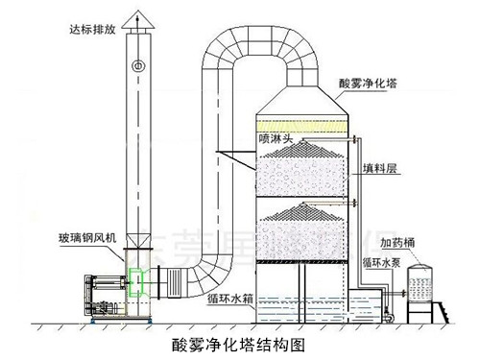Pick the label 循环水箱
pyautogui.click(x=230, y=297)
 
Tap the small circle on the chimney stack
pyautogui.click(x=139, y=65)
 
